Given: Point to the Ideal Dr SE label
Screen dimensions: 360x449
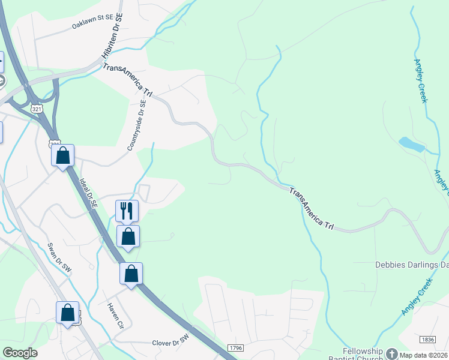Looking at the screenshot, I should pos(85,192).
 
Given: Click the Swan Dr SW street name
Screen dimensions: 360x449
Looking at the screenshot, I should pos(60,258).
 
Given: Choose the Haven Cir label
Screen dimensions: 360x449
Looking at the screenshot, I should pos(115,316).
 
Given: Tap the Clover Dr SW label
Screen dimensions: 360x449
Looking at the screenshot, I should pos(170,340).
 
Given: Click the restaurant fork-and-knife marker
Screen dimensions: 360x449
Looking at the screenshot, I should pos(127,211).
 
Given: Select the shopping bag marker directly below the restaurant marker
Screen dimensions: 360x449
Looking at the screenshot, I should pos(128,236).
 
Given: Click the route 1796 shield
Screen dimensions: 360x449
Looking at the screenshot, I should pos(235,348).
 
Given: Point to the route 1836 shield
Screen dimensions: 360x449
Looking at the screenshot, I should pos(428,340).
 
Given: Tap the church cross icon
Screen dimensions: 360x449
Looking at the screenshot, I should pos(391,355).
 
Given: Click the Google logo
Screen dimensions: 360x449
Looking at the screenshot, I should pos(20,353).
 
